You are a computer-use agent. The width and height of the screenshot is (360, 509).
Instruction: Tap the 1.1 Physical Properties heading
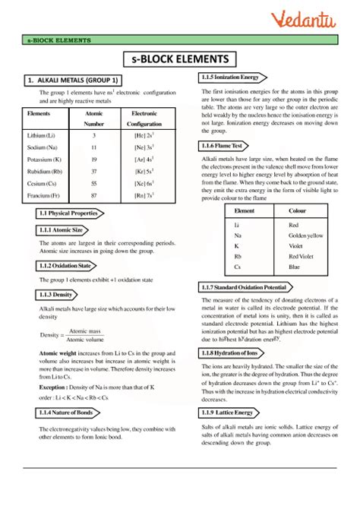pos(68,213)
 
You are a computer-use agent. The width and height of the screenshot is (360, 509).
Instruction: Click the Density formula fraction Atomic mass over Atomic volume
pos(84,335)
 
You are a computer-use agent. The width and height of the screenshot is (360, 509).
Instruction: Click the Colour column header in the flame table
pos(298,210)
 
